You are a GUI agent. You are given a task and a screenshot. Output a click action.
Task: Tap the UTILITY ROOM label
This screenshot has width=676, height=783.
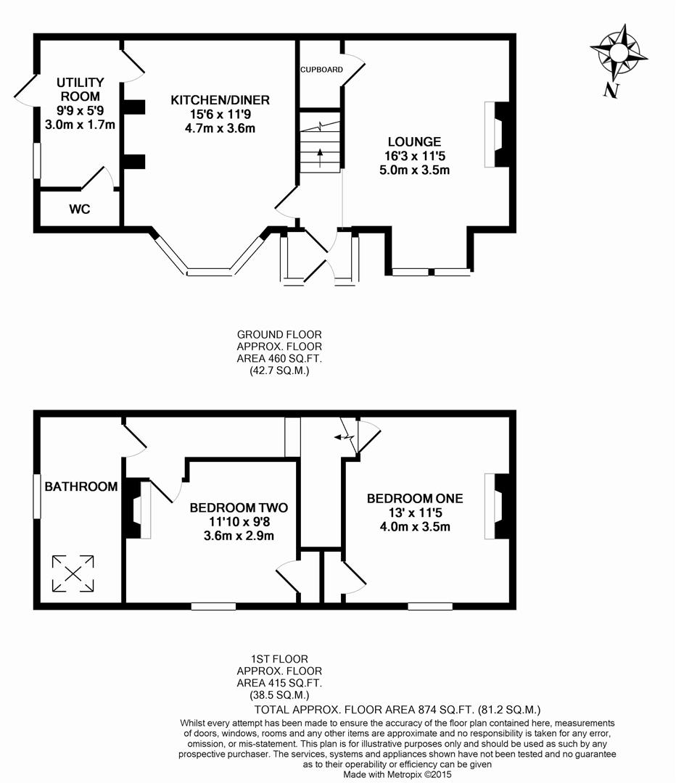[80, 89]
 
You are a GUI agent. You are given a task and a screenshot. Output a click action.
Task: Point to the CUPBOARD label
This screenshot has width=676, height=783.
[321, 70]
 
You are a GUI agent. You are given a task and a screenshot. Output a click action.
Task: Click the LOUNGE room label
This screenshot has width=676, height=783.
[414, 142]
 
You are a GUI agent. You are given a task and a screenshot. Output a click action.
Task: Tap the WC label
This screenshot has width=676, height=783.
[80, 210]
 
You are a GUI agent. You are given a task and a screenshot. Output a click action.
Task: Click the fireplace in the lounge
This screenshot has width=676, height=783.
[500, 134]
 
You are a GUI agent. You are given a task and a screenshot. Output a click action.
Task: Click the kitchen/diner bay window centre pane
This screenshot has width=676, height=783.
[210, 273]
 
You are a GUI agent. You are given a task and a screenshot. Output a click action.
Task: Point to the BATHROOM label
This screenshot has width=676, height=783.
[81, 486]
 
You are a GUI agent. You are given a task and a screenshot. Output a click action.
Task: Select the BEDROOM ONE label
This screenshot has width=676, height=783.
[414, 498]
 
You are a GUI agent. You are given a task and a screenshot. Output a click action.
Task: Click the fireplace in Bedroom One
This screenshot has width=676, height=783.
[500, 506]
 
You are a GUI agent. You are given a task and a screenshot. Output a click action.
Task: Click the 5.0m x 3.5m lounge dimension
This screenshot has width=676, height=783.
[414, 171]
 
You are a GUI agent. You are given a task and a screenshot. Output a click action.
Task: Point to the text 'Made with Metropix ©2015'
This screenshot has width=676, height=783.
[397, 774]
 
